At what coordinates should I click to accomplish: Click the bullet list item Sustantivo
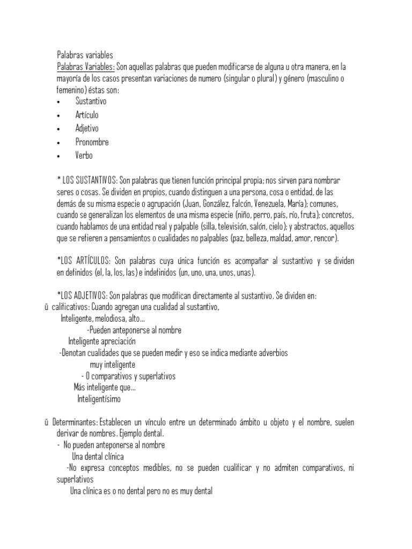coord(91,101)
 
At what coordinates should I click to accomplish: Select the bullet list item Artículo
coord(87,115)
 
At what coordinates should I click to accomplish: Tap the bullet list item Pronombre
coord(92,142)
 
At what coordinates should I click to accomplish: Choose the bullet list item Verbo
coord(84,155)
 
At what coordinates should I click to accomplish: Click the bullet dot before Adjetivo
coord(58,129)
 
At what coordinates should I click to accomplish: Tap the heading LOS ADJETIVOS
coord(85,296)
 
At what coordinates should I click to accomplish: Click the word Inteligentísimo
coord(99,399)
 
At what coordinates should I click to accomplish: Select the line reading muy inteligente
coord(113,365)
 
